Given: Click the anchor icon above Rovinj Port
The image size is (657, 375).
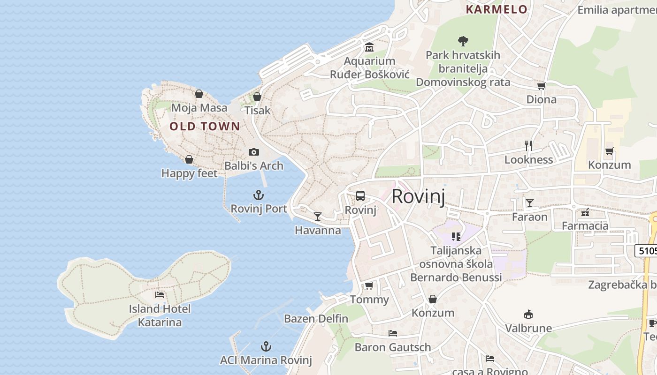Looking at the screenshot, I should (x=259, y=195).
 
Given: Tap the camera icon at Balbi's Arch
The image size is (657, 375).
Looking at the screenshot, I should (x=254, y=152).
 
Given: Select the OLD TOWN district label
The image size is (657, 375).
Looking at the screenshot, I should (x=205, y=126).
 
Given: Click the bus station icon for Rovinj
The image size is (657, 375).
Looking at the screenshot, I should (x=360, y=196).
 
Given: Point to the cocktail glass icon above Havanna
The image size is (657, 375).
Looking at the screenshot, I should (x=318, y=216).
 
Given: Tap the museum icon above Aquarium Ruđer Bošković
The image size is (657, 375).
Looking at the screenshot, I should (x=369, y=47).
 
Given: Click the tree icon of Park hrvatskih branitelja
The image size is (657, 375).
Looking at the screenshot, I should (x=463, y=41).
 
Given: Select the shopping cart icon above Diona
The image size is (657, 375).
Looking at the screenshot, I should (x=541, y=86).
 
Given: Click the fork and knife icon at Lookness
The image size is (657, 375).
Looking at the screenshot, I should (x=528, y=146).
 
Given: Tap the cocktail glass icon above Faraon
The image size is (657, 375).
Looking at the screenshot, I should (x=530, y=202).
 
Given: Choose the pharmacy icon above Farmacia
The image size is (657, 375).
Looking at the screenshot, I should (x=585, y=212).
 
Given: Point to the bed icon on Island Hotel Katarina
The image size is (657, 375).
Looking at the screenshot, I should (x=160, y=295).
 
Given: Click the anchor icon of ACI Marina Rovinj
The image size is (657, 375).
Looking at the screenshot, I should (x=266, y=346).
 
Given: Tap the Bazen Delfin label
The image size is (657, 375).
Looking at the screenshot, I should (x=316, y=319).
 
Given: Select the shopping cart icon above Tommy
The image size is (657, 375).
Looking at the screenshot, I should (x=369, y=285).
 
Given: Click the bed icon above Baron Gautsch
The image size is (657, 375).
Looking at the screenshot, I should (x=393, y=333).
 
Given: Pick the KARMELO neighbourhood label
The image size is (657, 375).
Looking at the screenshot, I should (x=497, y=10).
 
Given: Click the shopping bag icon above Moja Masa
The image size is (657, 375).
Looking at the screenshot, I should (x=199, y=94).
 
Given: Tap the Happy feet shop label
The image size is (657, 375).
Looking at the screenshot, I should (x=190, y=173).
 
